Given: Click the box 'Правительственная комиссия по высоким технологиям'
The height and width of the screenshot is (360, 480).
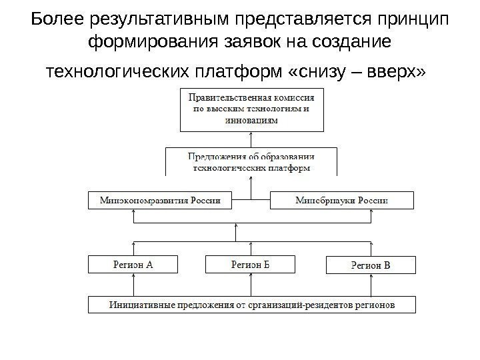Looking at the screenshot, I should (251, 109).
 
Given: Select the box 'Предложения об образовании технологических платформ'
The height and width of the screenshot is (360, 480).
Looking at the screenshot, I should (251, 162).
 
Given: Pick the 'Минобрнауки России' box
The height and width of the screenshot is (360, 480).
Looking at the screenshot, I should (341, 200).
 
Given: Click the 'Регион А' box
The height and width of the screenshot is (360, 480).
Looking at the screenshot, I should (135, 264).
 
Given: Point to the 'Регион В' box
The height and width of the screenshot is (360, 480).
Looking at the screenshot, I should (370, 265).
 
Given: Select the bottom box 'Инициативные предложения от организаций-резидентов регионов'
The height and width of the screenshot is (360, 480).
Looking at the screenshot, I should (251, 305).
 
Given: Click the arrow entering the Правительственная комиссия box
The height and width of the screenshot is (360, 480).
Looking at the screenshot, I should (251, 139).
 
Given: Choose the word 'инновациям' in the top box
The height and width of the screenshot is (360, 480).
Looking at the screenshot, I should (251, 121).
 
